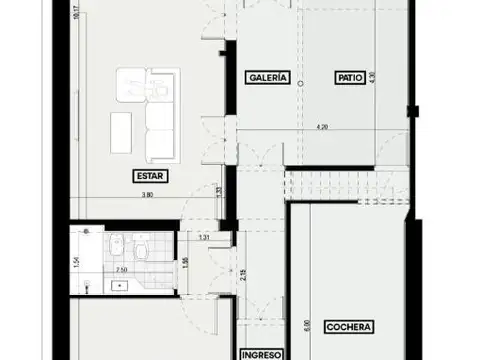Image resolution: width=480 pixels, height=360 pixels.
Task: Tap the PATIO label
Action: coord(348,77)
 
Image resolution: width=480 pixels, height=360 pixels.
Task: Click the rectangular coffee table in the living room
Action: coord(120,128)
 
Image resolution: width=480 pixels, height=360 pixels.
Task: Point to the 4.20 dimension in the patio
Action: coord(322,127)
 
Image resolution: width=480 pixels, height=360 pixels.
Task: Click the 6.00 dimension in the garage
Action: coord(308,325)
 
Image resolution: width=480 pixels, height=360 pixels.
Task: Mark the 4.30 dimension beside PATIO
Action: coord(371,76)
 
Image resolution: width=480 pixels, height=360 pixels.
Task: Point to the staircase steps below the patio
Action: coord(345,185)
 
